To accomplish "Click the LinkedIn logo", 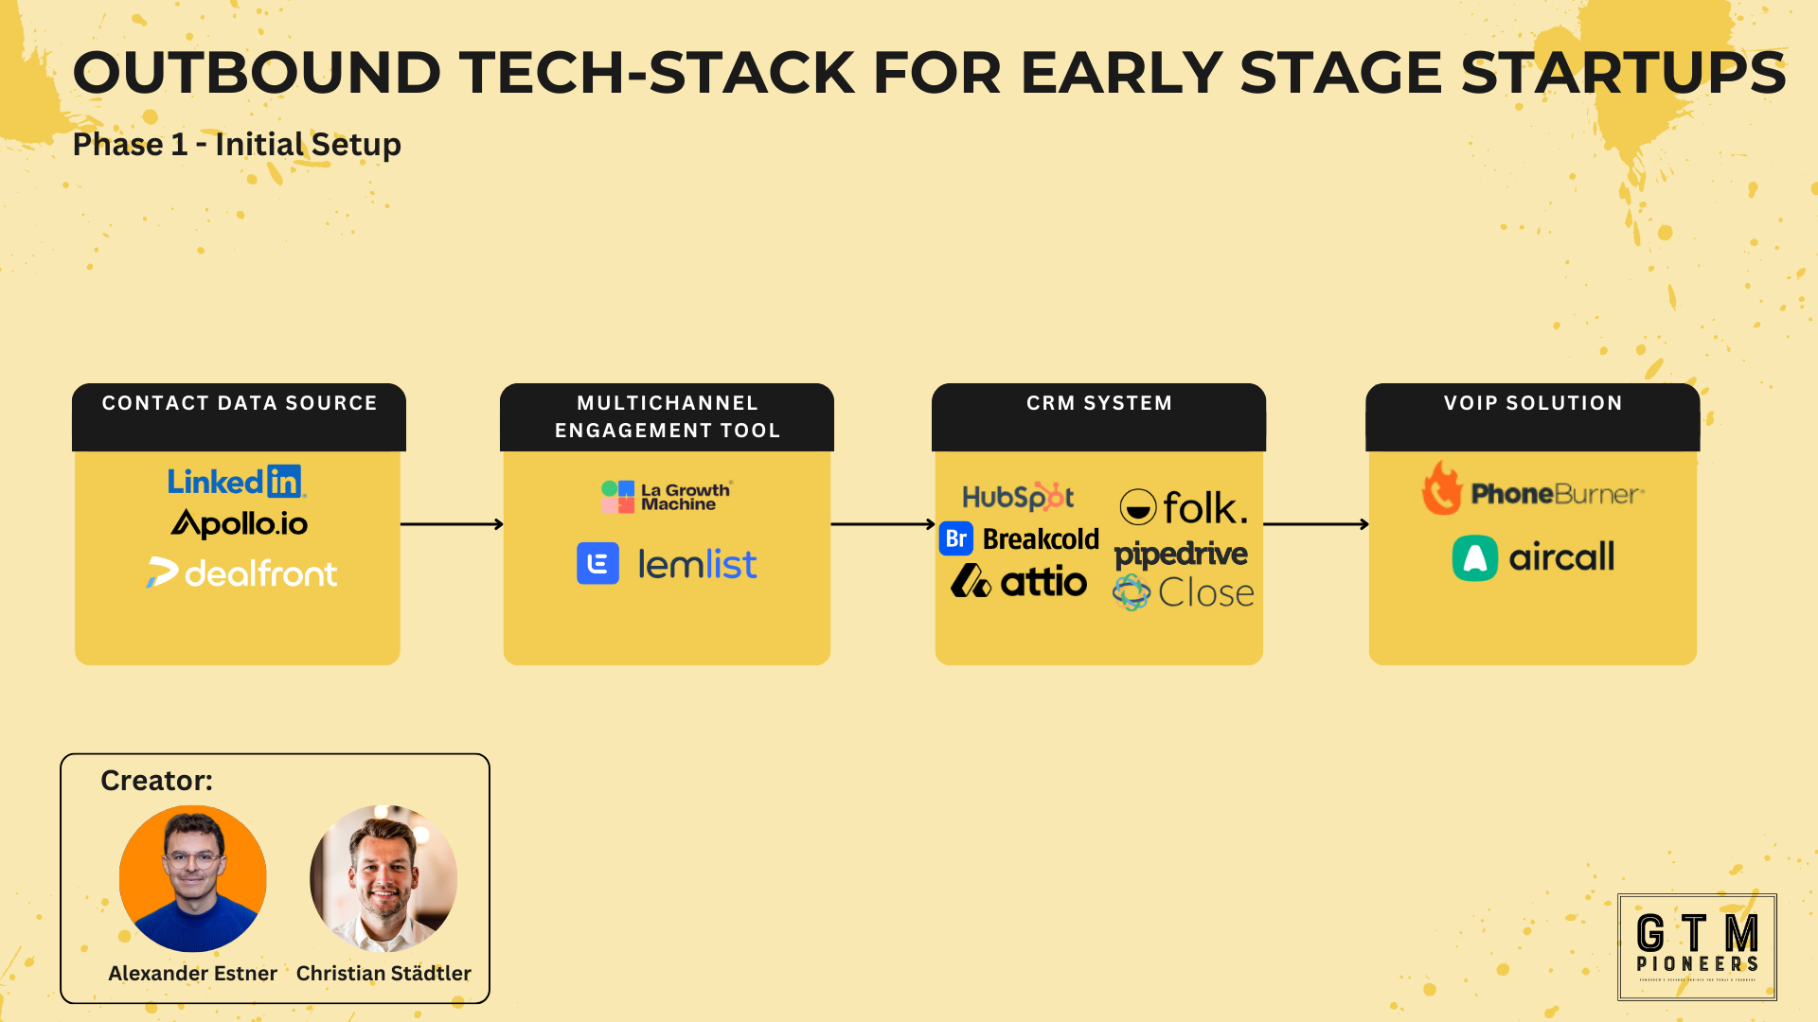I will click(x=236, y=482).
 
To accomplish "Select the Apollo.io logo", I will click(x=240, y=523).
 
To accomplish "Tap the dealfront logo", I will click(x=242, y=573).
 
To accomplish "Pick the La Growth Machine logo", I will click(x=667, y=496).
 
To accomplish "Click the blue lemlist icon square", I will click(x=597, y=564).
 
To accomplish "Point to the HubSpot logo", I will click(x=1018, y=496).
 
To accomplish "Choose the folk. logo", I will click(x=1184, y=507).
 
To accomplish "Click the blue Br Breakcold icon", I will click(x=956, y=538).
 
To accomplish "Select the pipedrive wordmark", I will click(x=1181, y=554).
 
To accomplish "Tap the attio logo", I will click(x=1019, y=581).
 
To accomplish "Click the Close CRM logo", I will click(x=1184, y=593).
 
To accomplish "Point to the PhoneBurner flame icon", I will click(x=1441, y=489).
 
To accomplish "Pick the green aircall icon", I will click(x=1474, y=557).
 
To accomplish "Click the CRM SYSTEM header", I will click(x=1099, y=403).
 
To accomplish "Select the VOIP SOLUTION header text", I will click(x=1533, y=403).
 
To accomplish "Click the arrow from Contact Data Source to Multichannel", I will click(x=452, y=523).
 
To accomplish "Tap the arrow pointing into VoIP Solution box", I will click(x=1316, y=523).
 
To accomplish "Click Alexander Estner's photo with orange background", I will click(x=193, y=878).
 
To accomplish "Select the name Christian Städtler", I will click(x=383, y=973).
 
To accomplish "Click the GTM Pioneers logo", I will click(x=1697, y=946).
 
